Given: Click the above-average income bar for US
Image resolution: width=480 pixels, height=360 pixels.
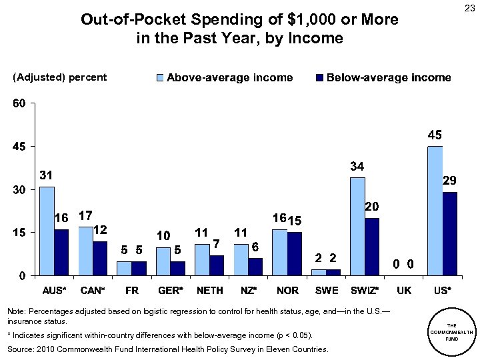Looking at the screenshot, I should pyautogui.click(x=435, y=210).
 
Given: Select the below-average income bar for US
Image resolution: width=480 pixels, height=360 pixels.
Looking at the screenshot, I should pyautogui.click(x=450, y=233).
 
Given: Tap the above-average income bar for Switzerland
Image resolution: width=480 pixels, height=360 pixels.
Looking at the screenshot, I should pyautogui.click(x=357, y=226).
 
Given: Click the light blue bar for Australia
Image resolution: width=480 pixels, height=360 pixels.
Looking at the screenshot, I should pyautogui.click(x=47, y=231).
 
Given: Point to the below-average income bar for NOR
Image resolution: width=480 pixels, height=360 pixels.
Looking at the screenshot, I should pyautogui.click(x=295, y=253).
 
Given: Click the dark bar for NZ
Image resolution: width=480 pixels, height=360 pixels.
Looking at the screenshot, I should pyautogui.click(x=255, y=266).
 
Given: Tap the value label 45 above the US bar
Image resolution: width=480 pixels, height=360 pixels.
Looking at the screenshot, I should pyautogui.click(x=434, y=135).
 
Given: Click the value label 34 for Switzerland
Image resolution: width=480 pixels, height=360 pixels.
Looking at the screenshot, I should pyautogui.click(x=357, y=166).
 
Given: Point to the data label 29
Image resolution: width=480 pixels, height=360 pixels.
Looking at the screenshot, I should pyautogui.click(x=449, y=181).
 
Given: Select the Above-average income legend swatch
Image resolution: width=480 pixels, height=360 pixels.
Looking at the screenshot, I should pyautogui.click(x=159, y=78).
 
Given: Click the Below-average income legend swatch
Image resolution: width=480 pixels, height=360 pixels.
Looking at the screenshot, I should pyautogui.click(x=319, y=78).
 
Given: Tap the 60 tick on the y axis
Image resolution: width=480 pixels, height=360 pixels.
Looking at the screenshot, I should pyautogui.click(x=18, y=103).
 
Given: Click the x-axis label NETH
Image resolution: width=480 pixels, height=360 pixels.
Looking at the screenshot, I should pyautogui.click(x=209, y=291).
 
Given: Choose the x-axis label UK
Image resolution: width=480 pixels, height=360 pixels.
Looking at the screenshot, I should pyautogui.click(x=403, y=291).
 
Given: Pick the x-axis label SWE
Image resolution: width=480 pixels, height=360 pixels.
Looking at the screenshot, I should pyautogui.click(x=326, y=291).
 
